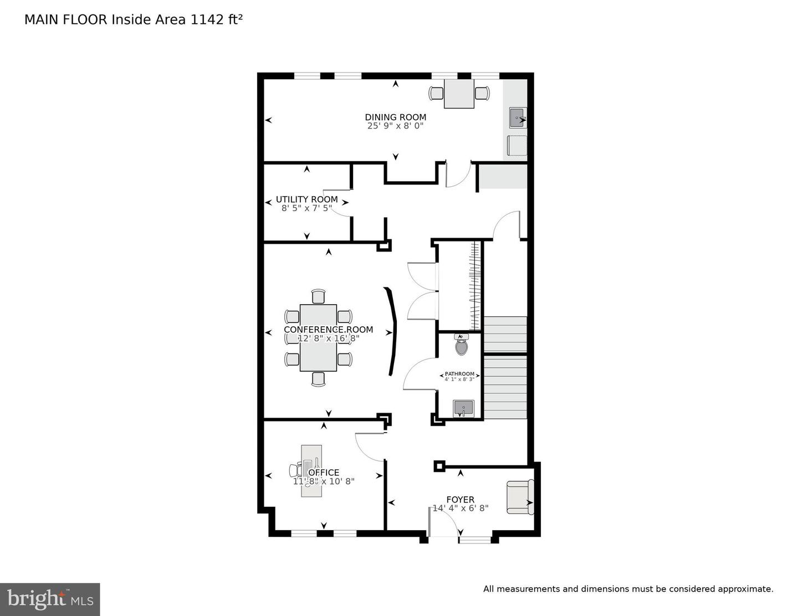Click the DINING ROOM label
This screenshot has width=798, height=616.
coord(395,117)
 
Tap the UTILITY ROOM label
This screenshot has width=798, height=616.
coord(306,199)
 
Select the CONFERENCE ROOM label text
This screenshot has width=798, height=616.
coord(328,330)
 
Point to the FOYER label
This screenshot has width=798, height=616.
coord(460,500)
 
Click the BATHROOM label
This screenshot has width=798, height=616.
coord(459,374)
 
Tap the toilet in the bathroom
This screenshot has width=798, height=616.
coord(461,346)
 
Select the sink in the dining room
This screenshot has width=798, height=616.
coord(516,118)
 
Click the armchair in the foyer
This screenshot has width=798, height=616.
coord(520,496)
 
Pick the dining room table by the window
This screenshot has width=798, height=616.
coord(459,94)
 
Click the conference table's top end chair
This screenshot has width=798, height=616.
coord(318,296)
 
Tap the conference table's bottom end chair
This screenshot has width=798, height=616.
coord(318,379)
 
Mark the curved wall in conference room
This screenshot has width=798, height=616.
coord(393,331)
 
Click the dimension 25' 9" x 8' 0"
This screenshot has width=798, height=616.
coord(395,126)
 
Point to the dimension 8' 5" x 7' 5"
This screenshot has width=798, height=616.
coord(306,208)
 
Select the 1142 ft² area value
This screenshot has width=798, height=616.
coord(217,20)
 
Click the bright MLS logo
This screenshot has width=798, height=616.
coord(50,599)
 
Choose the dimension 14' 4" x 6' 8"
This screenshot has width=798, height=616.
coord(460,509)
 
